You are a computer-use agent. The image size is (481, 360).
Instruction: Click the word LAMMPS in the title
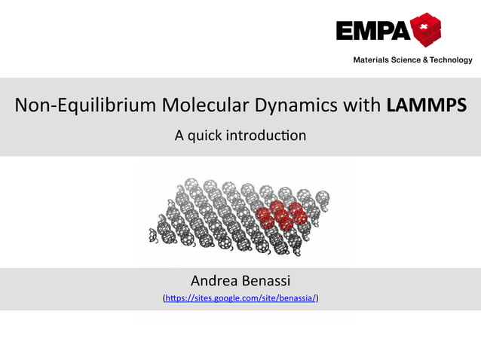425,106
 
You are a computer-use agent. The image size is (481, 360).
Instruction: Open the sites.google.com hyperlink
240,299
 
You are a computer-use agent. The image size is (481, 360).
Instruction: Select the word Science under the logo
408,60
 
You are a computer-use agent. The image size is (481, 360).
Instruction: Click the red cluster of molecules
279,214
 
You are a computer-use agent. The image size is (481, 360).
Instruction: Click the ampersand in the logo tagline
427,60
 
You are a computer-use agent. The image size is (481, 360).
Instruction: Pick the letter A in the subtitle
179,136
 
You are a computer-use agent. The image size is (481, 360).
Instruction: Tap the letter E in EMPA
345,32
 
